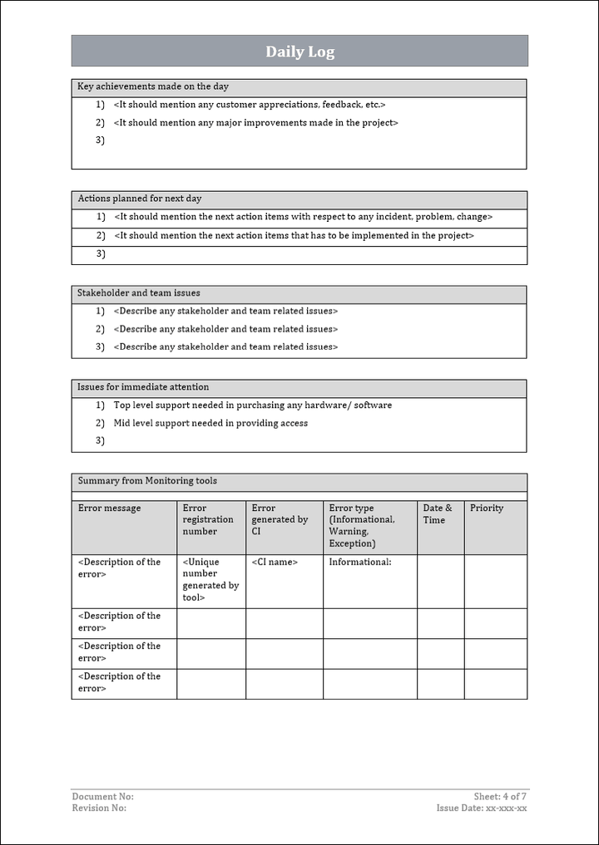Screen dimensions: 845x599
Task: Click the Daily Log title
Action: tap(299, 52)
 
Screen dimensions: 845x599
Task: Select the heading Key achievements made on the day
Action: tap(153, 86)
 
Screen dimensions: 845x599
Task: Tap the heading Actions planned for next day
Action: tap(140, 199)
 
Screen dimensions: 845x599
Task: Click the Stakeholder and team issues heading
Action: tap(139, 293)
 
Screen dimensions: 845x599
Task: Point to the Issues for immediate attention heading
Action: tap(143, 387)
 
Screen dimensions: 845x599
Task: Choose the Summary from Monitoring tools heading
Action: tap(147, 481)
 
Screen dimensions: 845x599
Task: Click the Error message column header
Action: tap(110, 508)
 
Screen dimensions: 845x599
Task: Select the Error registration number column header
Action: tap(208, 520)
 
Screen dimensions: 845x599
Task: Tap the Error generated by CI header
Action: tap(280, 520)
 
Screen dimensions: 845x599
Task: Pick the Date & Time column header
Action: tap(438, 514)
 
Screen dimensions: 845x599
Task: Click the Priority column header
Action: tap(487, 508)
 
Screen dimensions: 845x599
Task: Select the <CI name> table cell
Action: tap(275, 563)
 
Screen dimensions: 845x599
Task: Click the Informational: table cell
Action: tap(360, 563)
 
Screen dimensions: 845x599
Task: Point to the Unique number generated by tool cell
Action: tap(210, 579)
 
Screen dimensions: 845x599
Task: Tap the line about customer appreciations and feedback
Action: tap(250, 105)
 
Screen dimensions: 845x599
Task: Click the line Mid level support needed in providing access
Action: tap(210, 424)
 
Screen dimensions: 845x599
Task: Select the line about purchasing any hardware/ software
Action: tap(253, 405)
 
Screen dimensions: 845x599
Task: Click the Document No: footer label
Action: tap(102, 797)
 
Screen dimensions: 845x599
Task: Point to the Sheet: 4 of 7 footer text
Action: tap(500, 797)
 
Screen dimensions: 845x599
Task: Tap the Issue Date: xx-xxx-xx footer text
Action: tap(482, 808)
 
